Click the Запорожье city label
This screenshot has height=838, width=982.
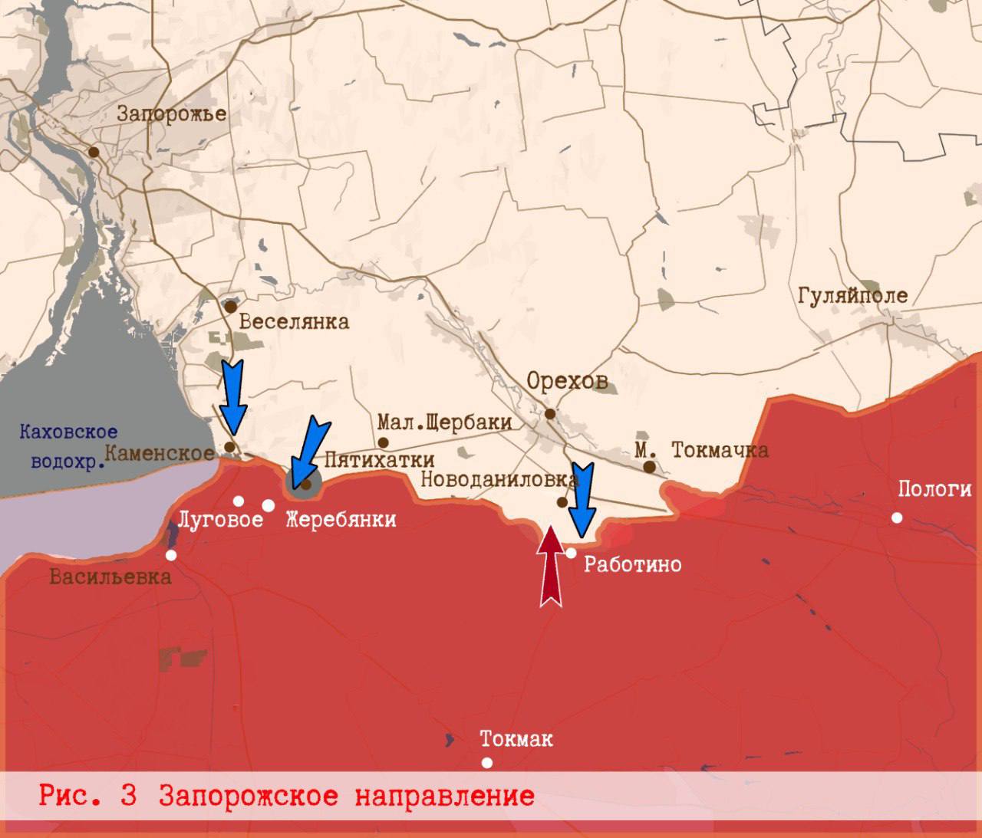coord(171,114)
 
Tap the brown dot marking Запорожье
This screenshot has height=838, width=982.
coord(94,152)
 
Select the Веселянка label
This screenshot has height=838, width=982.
coord(294,321)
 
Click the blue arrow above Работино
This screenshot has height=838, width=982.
coord(584,499)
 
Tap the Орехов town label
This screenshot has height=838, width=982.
coord(567,381)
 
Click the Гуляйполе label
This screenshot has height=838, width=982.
coord(852,296)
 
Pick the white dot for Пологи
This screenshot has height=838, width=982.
coord(897,518)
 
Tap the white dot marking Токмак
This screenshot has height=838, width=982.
coord(486,762)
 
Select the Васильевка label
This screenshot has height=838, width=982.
coord(110,577)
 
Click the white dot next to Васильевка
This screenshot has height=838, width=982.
coord(171,555)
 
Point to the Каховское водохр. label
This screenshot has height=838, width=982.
coord(68,447)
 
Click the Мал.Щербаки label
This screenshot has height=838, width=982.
coord(444,422)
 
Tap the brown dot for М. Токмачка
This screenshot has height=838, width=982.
coord(649,466)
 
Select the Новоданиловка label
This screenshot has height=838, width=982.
coord(499,480)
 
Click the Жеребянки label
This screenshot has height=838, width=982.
coord(341,520)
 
